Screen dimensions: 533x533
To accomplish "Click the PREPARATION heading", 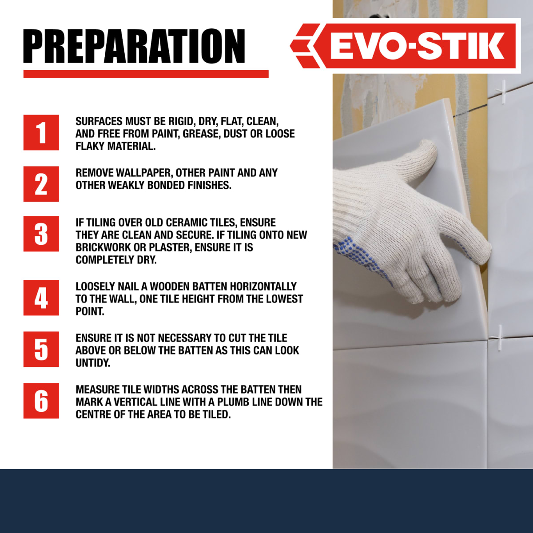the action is [134, 46].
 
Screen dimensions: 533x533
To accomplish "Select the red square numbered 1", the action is [41, 132].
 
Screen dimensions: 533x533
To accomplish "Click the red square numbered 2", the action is [41, 184].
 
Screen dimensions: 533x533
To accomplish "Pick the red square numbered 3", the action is [41, 234].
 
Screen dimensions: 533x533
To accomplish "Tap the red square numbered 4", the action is [41, 298].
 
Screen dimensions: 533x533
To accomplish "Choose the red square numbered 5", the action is [41, 349].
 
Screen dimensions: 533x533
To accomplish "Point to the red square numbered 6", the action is [41, 401].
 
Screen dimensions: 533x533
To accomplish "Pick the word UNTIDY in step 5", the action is [93, 363].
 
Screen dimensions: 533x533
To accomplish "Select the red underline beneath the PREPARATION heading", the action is [146, 74].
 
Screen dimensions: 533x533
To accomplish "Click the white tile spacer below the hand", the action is [500, 338].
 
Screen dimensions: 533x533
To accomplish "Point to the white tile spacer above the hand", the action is [503, 91].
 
